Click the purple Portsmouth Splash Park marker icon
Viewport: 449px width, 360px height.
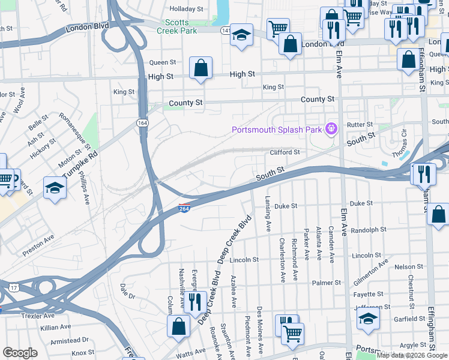coord(330,128)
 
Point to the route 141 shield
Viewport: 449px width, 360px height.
coord(225,30)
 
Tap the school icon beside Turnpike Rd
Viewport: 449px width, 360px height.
coord(55,187)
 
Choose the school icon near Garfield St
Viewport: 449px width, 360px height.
coord(369,320)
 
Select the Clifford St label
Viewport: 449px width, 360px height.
coord(285,152)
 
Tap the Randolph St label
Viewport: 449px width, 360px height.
coord(368,230)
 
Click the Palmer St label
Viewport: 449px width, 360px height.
coord(326,282)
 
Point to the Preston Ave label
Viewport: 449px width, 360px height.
coord(38,245)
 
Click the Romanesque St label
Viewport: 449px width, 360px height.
coord(75,130)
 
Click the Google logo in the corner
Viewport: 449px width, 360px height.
coord(20,353)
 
